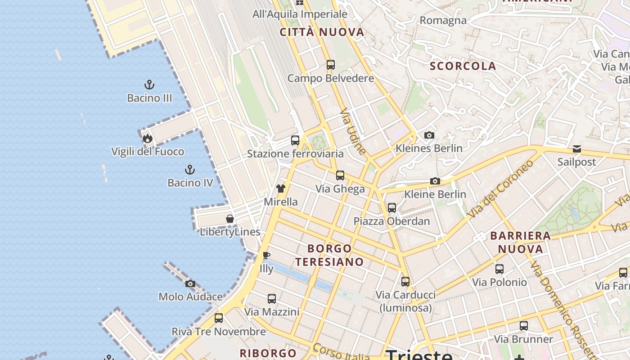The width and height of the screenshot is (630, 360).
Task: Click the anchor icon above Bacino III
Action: pos(149,85)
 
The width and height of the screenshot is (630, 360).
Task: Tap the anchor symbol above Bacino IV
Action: pos(190,170)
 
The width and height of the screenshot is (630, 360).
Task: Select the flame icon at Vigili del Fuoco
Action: pos(148,138)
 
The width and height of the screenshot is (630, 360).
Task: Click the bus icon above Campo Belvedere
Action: pos(331,65)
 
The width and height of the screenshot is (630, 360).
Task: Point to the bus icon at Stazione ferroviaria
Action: pos(295,140)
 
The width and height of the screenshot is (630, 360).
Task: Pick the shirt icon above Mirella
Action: pos(281,189)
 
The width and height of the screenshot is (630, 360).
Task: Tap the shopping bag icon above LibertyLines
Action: pos(230,219)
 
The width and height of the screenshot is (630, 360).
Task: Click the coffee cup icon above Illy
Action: pos(266,256)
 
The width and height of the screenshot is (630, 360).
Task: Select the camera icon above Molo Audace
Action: pos(190,283)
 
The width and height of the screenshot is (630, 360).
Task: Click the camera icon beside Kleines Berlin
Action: pos(429,135)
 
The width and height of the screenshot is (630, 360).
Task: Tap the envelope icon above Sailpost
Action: pos(576,149)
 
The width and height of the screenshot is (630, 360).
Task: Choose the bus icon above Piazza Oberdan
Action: pos(392,208)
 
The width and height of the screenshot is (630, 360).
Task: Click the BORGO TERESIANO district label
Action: pos(329,255)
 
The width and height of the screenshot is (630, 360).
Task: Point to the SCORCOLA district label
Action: pos(463,66)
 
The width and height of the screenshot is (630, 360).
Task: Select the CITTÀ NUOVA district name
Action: pos(322,32)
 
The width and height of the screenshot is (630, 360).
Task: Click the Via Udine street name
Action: pos(353,131)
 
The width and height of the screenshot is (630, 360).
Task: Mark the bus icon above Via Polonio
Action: pos(499,269)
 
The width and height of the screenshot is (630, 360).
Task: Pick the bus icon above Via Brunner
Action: pos(524,326)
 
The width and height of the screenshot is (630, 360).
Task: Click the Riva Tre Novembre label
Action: pos(219,332)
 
